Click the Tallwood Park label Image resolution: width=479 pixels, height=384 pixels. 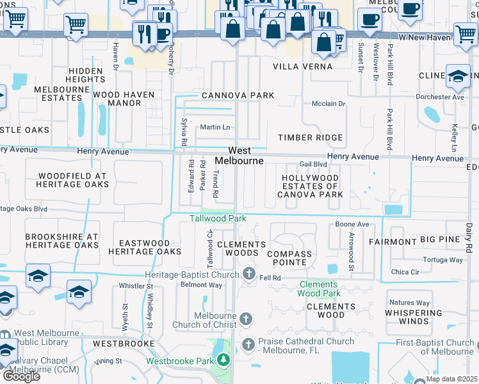tap(218, 218)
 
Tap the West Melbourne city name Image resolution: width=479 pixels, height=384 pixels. tap(239, 156)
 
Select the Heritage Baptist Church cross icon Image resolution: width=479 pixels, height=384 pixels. tap(250, 275)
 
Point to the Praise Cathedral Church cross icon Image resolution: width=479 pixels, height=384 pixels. tap(248, 345)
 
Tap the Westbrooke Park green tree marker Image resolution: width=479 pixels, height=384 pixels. tap(223, 360)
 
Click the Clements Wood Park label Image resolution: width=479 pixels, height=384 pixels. tap(318, 289)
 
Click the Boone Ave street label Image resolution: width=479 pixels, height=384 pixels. tap(352, 225)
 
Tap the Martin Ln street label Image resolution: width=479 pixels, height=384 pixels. tap(215, 127)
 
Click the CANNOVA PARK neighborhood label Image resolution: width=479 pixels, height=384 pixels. tap(238, 95)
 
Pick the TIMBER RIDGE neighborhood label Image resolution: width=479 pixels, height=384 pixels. tap(310, 138)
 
